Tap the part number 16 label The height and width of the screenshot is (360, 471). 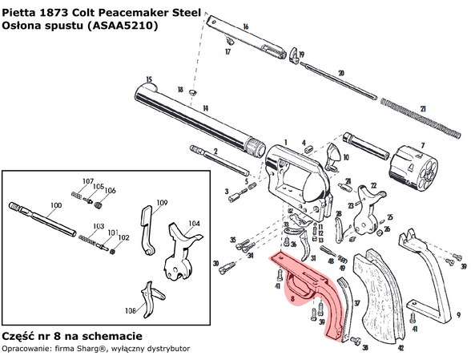pyautogui.click(x=245, y=27)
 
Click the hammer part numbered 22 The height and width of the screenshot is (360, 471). pyautogui.click(x=368, y=204)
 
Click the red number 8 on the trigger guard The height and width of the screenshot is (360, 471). pyautogui.click(x=294, y=298)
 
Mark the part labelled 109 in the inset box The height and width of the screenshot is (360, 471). pyautogui.click(x=147, y=229)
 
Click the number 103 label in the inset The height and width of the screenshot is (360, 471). pyautogui.click(x=99, y=227)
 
